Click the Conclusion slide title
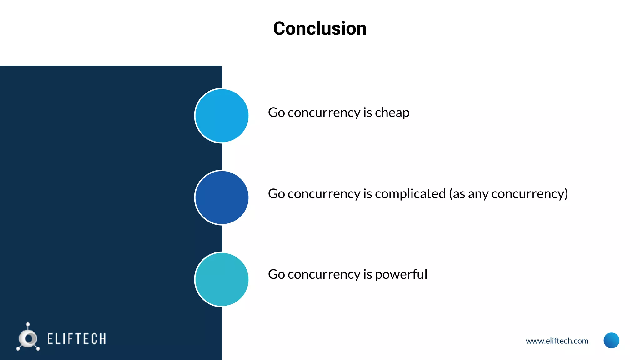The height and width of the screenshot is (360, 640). tap(320, 28)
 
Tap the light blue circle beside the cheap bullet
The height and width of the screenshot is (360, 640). tap(222, 116)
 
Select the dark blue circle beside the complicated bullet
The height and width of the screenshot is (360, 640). tap(222, 197)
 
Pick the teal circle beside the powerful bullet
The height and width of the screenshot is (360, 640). tap(222, 279)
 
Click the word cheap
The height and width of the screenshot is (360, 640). tap(392, 112)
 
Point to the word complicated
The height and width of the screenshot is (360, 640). tap(410, 194)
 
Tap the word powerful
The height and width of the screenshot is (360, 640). tap(401, 275)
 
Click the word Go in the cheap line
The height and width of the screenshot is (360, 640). tap(276, 112)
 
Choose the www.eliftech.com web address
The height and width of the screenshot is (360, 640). tap(557, 341)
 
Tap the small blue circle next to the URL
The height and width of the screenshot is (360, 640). tap(611, 340)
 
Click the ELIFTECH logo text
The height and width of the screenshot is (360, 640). tap(77, 339)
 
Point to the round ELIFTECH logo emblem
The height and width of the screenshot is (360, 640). tap(28, 339)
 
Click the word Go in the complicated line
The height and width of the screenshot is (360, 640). tap(276, 194)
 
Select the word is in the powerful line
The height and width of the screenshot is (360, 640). tap(367, 275)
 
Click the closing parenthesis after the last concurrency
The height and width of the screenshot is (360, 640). tap(566, 194)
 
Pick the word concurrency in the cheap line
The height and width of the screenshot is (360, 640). tap(324, 112)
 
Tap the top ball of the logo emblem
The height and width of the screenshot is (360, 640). tap(28, 324)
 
